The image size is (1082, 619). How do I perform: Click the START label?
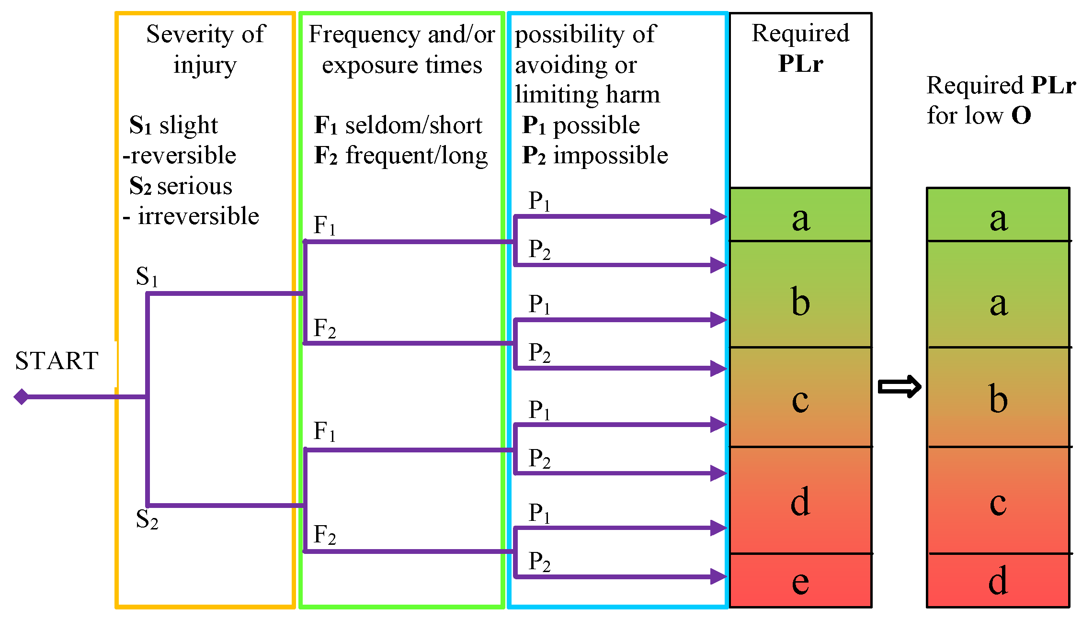pos(57,360)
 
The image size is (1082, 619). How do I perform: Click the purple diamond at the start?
pos(22,396)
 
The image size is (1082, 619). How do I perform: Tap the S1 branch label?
pos(147,276)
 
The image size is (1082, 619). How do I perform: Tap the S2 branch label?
pos(147,519)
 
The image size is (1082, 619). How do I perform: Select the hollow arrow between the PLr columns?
pos(899,387)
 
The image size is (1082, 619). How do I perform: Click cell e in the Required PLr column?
pos(800,582)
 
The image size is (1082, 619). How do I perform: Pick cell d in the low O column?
pos(998,581)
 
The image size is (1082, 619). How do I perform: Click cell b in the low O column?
pos(998,398)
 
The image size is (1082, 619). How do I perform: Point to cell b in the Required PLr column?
pos(800,302)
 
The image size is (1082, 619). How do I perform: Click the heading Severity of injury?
pos(205,49)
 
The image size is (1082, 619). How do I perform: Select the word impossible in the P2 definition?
pos(610,156)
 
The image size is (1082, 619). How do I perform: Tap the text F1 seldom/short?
pos(398,125)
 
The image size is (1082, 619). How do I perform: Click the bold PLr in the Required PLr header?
pos(800,63)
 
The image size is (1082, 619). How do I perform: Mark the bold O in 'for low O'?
pos(1021,115)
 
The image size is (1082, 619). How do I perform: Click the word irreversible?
pos(198,216)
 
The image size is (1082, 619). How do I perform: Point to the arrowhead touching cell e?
pos(718,576)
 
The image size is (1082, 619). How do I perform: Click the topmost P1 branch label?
pos(539,201)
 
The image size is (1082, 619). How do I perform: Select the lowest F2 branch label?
pos(324,535)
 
